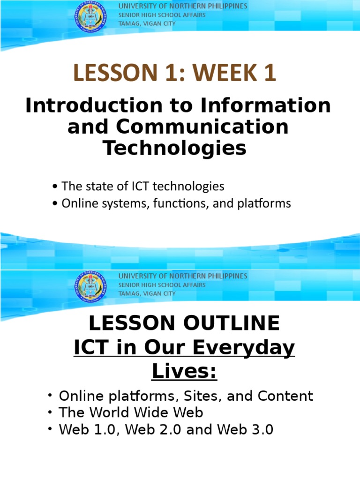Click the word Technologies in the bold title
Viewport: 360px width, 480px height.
[x=174, y=148]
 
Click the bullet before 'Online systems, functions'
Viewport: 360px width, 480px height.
[x=55, y=204]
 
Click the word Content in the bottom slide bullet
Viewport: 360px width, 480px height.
[x=286, y=396]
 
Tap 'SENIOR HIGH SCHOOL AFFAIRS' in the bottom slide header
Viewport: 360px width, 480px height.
[x=162, y=285]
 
